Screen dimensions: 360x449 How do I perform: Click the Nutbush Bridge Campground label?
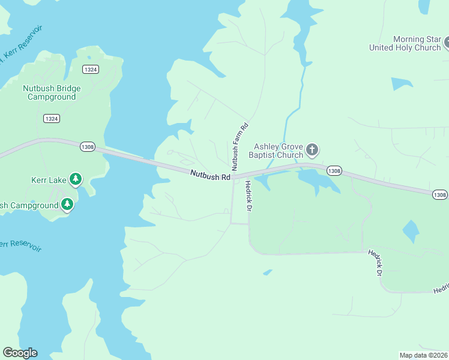[52, 92]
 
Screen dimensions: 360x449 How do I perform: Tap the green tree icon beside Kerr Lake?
[75, 179]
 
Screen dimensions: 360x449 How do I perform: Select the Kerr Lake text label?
[49, 179]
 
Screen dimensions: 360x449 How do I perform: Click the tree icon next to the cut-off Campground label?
[68, 205]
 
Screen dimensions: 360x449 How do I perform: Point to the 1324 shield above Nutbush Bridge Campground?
[91, 70]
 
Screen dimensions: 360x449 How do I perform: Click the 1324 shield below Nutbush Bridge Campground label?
[52, 119]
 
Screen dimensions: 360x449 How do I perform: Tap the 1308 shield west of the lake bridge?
[87, 147]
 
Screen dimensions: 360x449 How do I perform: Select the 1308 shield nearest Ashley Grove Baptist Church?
[334, 171]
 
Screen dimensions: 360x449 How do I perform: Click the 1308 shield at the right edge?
[439, 194]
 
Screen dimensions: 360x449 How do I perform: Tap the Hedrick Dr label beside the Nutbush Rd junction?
[246, 195]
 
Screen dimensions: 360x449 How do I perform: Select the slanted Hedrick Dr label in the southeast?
[375, 263]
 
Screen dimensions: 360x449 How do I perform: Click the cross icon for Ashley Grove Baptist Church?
[312, 149]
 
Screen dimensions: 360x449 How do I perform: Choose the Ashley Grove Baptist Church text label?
[279, 151]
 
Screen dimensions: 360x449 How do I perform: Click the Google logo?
[20, 353]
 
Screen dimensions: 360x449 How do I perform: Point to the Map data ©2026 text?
[423, 355]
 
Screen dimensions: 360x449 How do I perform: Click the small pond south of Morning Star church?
[401, 83]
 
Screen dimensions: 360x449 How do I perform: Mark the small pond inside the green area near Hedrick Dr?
[411, 230]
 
